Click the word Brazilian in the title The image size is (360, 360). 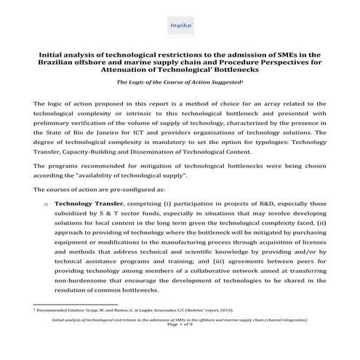(58, 63)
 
